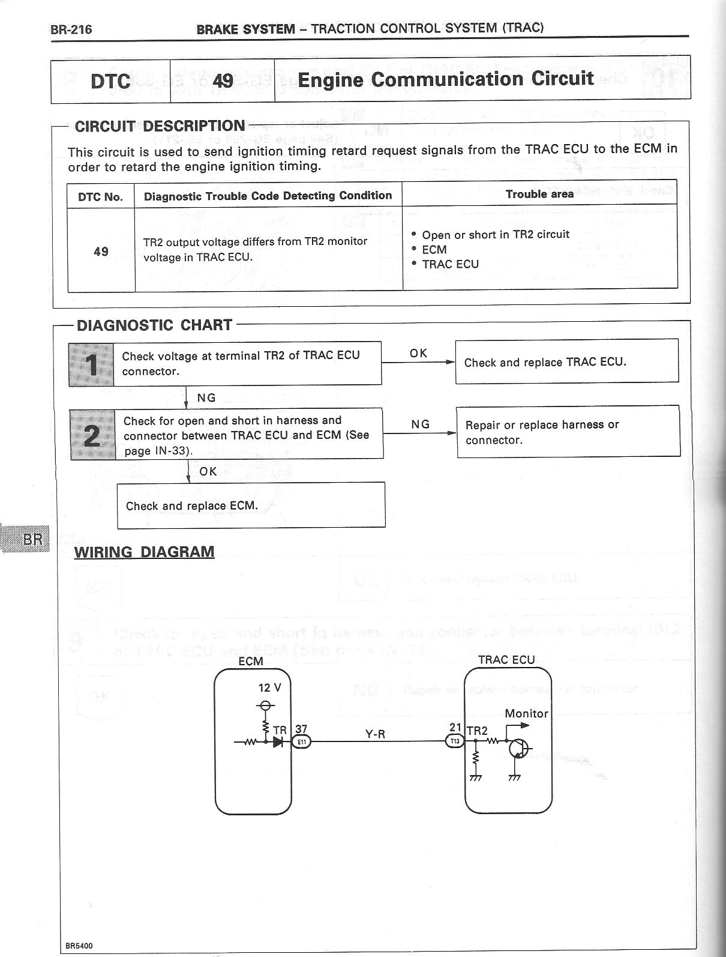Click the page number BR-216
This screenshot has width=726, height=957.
[x=71, y=29]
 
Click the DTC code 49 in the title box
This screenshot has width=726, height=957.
[x=223, y=80]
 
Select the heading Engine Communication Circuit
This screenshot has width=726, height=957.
[x=445, y=79]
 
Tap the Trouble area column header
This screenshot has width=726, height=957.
[x=539, y=194]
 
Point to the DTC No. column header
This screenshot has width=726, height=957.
[x=101, y=197]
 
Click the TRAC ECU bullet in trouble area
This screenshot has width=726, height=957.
[x=450, y=264]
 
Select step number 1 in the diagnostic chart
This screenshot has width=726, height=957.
[x=92, y=364]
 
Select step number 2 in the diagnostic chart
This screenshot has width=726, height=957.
[x=92, y=434]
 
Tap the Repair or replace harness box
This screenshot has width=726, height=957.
[x=568, y=432]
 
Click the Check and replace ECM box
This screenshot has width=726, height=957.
[x=251, y=506]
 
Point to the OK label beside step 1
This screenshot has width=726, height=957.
[x=418, y=353]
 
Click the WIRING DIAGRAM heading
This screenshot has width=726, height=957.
[x=144, y=552]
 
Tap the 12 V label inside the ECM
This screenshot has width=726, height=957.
[x=269, y=688]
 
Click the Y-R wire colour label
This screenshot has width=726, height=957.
[x=375, y=733]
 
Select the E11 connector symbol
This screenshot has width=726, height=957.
[x=301, y=742]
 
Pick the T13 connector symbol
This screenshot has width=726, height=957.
[x=455, y=742]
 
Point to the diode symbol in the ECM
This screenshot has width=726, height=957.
[x=277, y=742]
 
